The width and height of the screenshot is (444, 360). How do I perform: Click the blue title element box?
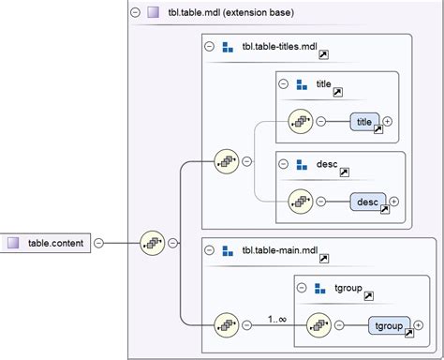(364, 122)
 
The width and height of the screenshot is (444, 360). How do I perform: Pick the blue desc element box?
(367, 201)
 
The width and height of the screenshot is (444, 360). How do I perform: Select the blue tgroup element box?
(388, 326)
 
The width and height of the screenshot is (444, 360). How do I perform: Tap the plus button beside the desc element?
(393, 201)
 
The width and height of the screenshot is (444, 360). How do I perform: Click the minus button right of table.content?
(98, 244)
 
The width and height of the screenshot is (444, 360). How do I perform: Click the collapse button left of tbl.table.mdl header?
(136, 12)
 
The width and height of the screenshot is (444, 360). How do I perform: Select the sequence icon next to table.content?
(152, 244)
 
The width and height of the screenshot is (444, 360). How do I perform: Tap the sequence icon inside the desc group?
(300, 201)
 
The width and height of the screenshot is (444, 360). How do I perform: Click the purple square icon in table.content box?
(13, 244)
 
